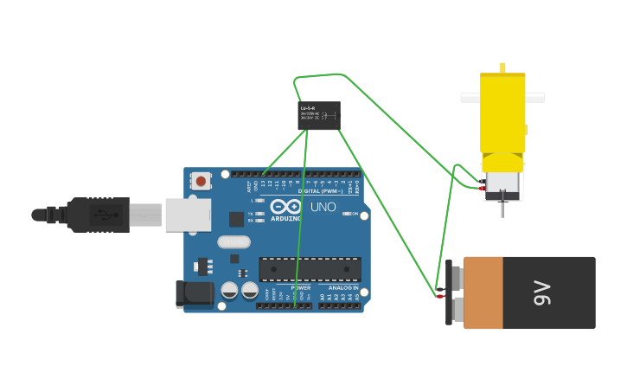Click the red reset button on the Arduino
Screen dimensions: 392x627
201,181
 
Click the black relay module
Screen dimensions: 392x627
319,115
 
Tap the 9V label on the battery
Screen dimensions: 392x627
542,292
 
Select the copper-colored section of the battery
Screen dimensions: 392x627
483,292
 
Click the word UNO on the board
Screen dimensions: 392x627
323,208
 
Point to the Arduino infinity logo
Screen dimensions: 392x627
285,207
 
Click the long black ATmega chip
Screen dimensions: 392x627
310,269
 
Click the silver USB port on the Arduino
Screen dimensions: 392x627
188,215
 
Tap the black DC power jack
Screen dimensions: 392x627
195,294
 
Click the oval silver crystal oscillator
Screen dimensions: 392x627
234,242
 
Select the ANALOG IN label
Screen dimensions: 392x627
342,287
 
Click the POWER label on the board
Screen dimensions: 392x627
300,287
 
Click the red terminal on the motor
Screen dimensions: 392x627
482,188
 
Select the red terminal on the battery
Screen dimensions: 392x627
440,297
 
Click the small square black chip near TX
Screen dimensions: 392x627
236,220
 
